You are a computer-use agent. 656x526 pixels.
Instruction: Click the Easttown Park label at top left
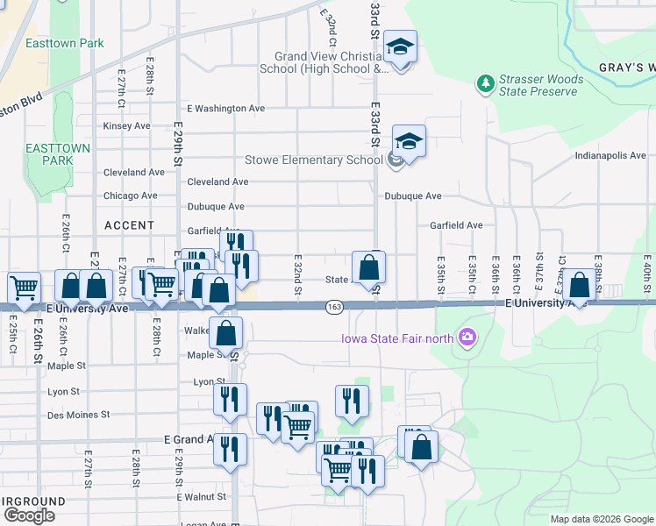point(65,43)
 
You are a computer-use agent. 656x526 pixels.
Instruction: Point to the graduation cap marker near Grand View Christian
point(401,46)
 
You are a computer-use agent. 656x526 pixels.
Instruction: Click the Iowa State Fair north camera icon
point(467,336)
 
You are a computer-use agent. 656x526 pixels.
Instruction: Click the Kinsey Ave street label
point(127,126)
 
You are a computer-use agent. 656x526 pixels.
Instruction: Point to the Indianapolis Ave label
point(610,155)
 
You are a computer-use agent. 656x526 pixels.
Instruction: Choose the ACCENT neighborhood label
point(129,225)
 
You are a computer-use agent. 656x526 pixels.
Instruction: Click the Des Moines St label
point(78,415)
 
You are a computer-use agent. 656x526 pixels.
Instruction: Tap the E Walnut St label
point(202,497)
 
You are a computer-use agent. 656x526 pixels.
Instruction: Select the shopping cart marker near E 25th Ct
point(24,286)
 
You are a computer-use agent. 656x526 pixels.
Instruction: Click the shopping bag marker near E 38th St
point(579,285)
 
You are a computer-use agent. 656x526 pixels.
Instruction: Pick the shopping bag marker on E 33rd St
point(369,267)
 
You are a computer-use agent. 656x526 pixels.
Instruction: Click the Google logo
point(29,515)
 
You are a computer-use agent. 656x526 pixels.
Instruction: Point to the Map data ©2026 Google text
point(601,519)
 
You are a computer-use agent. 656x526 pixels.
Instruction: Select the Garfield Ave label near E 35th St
point(456,225)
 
